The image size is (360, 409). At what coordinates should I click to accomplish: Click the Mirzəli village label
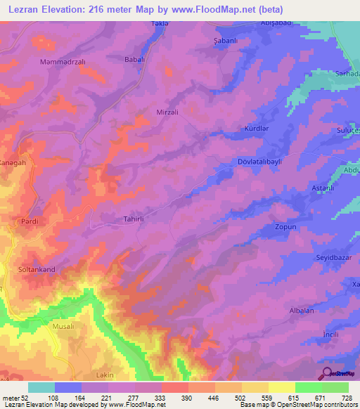(x=167, y=111)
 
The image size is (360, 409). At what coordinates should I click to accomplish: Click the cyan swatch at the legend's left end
(x=41, y=387)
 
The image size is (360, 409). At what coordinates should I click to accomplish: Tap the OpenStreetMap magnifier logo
(x=328, y=374)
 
